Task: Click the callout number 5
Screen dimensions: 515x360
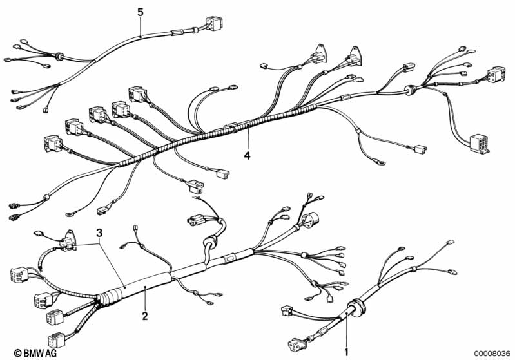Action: [141, 12]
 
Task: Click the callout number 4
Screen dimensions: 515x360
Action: [247, 155]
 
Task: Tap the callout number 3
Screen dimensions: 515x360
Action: [99, 233]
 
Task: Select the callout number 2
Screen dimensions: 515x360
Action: [145, 316]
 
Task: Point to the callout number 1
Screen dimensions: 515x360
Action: [346, 353]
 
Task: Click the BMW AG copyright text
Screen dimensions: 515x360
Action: [35, 353]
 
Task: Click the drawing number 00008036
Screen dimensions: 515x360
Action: [492, 353]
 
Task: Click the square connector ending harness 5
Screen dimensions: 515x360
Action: [214, 23]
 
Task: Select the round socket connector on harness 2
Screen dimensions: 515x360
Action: [310, 219]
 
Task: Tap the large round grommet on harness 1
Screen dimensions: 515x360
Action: [356, 308]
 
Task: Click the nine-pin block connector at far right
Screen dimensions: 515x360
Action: [479, 144]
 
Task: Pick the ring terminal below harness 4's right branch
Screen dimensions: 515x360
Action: [381, 162]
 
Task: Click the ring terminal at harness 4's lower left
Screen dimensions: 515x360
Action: [70, 214]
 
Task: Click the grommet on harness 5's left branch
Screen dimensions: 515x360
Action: [60, 56]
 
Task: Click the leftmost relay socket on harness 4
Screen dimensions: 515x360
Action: [53, 144]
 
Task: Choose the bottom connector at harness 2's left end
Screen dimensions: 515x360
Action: [57, 339]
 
